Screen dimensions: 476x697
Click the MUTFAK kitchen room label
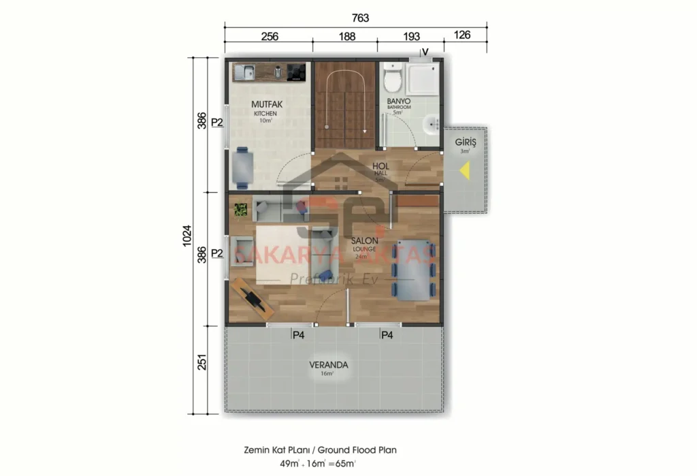pos(266,104)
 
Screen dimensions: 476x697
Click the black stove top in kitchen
pos(296,71)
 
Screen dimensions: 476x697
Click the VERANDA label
pos(329,365)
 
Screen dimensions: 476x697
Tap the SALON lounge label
pos(365,241)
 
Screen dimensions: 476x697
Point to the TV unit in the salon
pos(251,298)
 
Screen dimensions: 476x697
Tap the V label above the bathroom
pos(425,52)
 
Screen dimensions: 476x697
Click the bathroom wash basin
pos(431,125)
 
